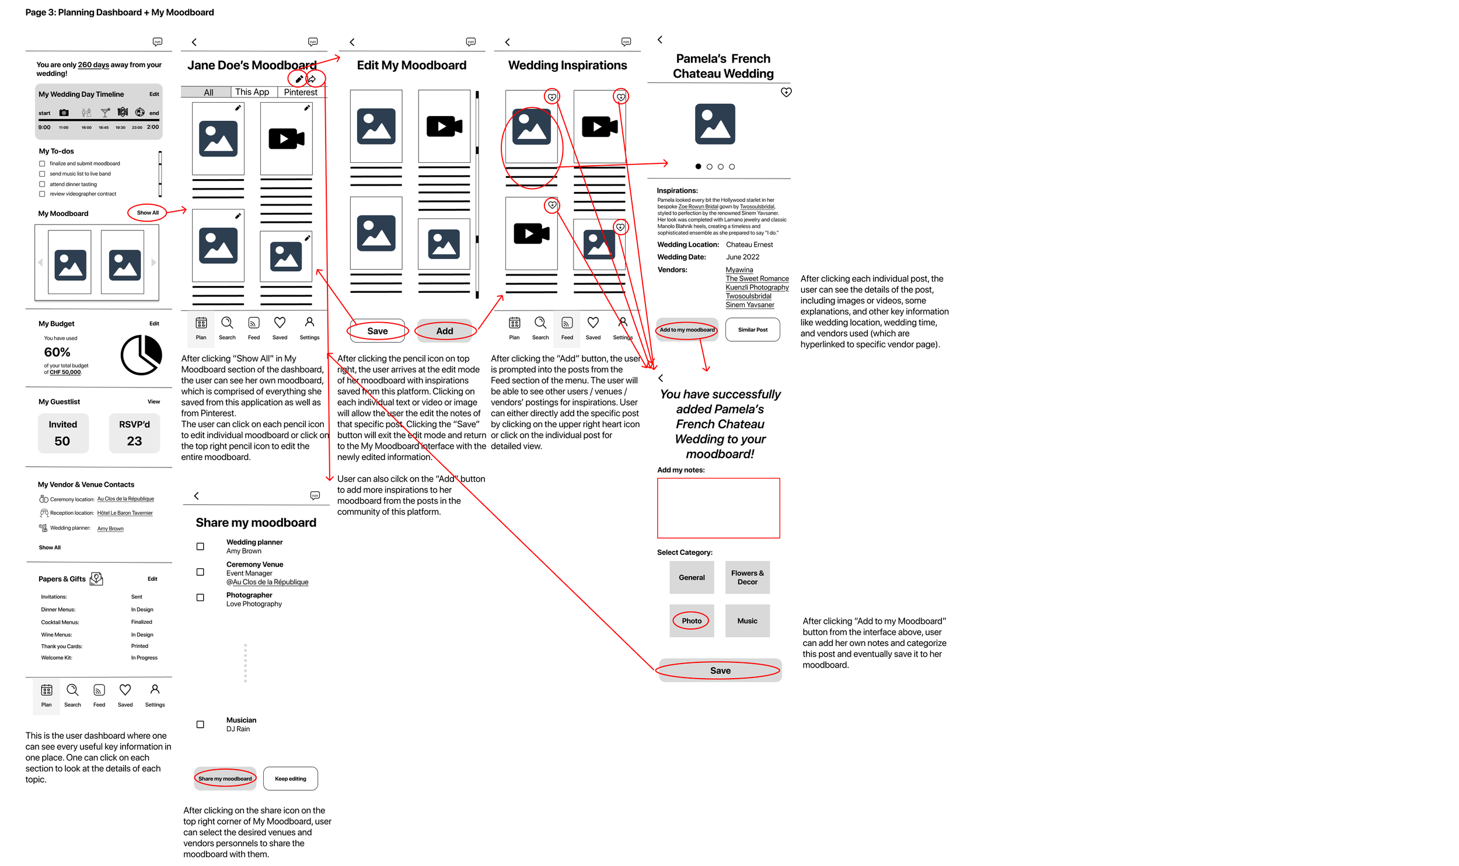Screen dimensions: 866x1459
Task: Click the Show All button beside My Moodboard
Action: pyautogui.click(x=148, y=213)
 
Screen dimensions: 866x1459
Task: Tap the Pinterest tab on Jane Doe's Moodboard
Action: pyautogui.click(x=301, y=92)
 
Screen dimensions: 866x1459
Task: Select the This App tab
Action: pyautogui.click(x=252, y=92)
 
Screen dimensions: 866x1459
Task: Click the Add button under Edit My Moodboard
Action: pyautogui.click(x=445, y=331)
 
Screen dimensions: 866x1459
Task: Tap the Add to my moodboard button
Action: pyautogui.click(x=687, y=330)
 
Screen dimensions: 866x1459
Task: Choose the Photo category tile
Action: pyautogui.click(x=692, y=621)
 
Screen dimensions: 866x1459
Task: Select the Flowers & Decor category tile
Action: pyautogui.click(x=747, y=578)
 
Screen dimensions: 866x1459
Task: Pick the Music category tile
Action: pyautogui.click(x=747, y=621)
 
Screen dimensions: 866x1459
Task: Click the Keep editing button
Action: pyautogui.click(x=290, y=778)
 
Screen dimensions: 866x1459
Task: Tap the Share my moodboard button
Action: pyautogui.click(x=225, y=778)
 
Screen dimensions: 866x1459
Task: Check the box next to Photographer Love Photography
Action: pyautogui.click(x=200, y=598)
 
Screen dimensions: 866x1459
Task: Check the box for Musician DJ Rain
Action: pyautogui.click(x=200, y=724)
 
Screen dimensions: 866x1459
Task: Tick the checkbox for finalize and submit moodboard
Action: pyautogui.click(x=42, y=164)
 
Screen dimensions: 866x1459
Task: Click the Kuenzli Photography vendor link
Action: pyautogui.click(x=757, y=287)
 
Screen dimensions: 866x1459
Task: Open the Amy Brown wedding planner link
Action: pyautogui.click(x=110, y=529)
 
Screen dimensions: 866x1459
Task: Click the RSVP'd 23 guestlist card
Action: pyautogui.click(x=134, y=433)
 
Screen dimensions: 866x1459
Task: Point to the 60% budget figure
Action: pyautogui.click(x=57, y=352)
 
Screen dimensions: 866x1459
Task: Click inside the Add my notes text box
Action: pyautogui.click(x=718, y=508)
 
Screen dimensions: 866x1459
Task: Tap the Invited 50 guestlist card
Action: pyautogui.click(x=63, y=433)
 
